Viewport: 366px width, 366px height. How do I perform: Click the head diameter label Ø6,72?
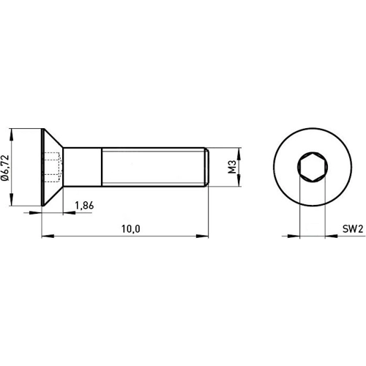click(x=8, y=167)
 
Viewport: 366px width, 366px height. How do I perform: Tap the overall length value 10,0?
click(x=130, y=229)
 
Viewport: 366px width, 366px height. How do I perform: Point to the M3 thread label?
click(x=231, y=168)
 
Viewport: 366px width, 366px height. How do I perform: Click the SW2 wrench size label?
click(x=354, y=229)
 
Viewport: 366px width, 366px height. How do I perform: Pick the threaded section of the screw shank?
click(x=154, y=168)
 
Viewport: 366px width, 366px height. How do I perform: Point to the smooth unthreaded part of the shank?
click(x=82, y=168)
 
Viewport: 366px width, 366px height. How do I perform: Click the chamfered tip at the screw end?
click(x=207, y=168)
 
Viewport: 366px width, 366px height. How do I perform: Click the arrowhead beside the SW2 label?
click(x=328, y=236)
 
